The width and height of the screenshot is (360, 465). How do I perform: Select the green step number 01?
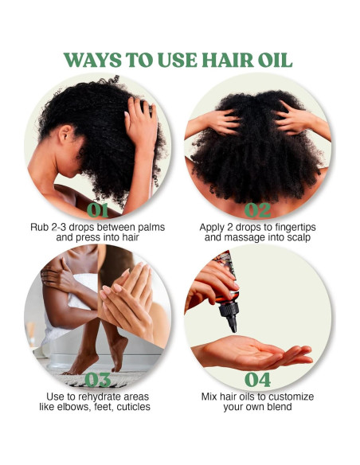click(x=98, y=210)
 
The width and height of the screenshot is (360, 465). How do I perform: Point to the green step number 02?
click(x=257, y=210)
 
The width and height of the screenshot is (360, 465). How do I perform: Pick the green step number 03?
click(x=98, y=379)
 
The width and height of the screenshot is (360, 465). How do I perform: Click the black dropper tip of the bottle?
click(x=231, y=322)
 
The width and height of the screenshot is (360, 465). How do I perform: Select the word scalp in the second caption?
click(x=294, y=237)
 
